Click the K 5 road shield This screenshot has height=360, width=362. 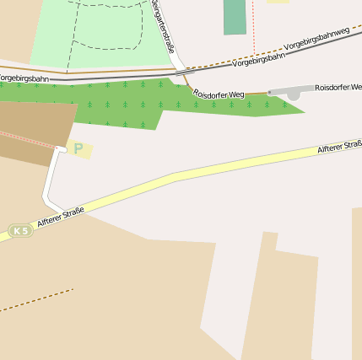tap(20, 230)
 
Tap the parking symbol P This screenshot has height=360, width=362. tap(78, 149)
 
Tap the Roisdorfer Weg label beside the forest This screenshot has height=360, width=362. tap(219, 94)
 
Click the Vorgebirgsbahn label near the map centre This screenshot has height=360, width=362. tap(257, 61)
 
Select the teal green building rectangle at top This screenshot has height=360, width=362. tap(235, 17)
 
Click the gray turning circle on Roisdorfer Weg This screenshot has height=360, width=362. tap(293, 94)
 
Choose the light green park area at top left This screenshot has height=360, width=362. tap(101, 34)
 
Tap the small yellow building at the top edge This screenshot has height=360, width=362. tap(278, 2)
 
